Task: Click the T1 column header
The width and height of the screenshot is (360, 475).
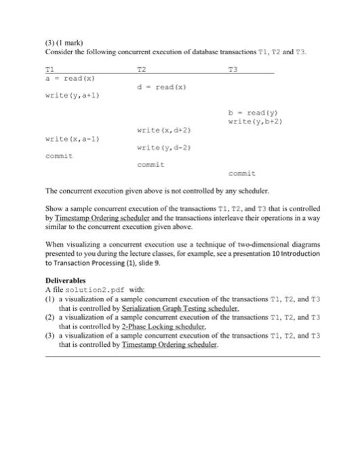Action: tap(48, 69)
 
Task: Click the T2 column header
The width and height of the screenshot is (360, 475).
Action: tap(141, 69)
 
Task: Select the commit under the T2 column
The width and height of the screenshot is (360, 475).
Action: tap(151, 164)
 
